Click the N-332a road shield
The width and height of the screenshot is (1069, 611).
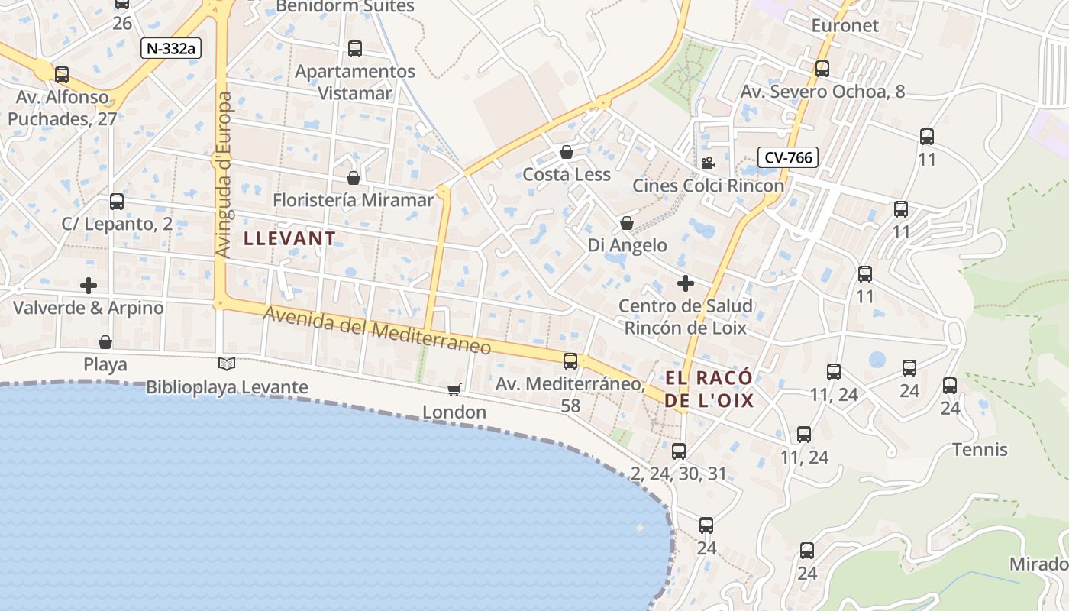[170, 48]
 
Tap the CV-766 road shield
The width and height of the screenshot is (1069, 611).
[788, 158]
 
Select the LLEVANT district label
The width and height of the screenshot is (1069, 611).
[289, 238]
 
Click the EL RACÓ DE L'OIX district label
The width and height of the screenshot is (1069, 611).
[709, 390]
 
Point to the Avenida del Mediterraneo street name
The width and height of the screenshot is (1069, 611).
[377, 330]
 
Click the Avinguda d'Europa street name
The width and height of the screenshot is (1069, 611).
[223, 174]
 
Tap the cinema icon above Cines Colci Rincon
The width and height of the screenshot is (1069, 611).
[708, 163]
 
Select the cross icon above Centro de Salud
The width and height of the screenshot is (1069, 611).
[686, 283]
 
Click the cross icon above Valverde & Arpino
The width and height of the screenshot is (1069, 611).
[89, 286]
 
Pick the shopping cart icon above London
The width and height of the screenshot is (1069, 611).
[454, 390]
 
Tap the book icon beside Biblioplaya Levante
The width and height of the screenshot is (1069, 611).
[227, 364]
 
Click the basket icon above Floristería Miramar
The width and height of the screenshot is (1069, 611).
[354, 178]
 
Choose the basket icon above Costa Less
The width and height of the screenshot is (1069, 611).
[567, 152]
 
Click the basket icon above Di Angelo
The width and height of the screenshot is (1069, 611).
[627, 223]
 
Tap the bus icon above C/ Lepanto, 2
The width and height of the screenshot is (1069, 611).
[117, 202]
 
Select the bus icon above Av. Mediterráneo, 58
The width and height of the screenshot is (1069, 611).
[570, 361]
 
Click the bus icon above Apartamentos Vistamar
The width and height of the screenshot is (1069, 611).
[355, 49]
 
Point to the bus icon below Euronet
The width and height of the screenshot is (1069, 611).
[822, 69]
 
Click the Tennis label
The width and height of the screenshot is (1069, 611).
[980, 450]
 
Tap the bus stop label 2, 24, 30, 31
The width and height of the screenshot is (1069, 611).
[679, 474]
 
